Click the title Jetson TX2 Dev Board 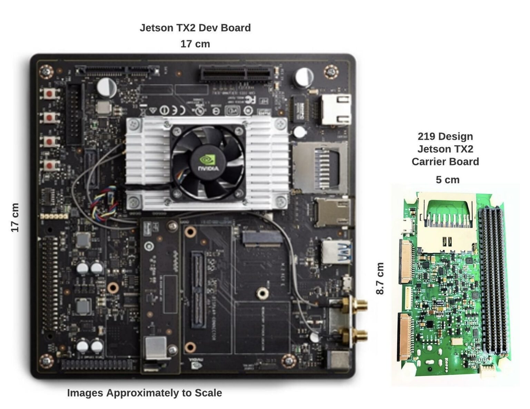coord(195,28)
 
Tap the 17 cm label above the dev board coord(195,44)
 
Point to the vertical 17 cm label coord(15,217)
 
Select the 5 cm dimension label coord(448,180)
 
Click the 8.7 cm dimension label coord(380,279)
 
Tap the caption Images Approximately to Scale coord(144,393)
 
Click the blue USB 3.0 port coord(336,251)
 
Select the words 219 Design coord(445,136)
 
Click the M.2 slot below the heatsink coord(261,238)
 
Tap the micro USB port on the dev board coord(346,281)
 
